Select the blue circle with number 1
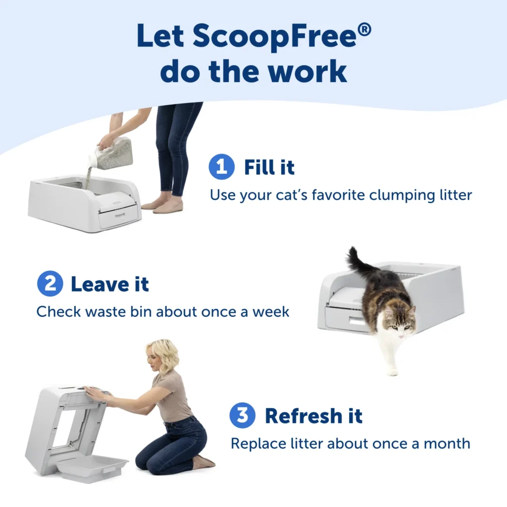point(221,167)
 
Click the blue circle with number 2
point(50,284)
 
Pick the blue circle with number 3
point(242,415)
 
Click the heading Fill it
point(269,167)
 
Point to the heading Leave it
point(109,284)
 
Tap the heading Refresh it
point(313,416)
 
